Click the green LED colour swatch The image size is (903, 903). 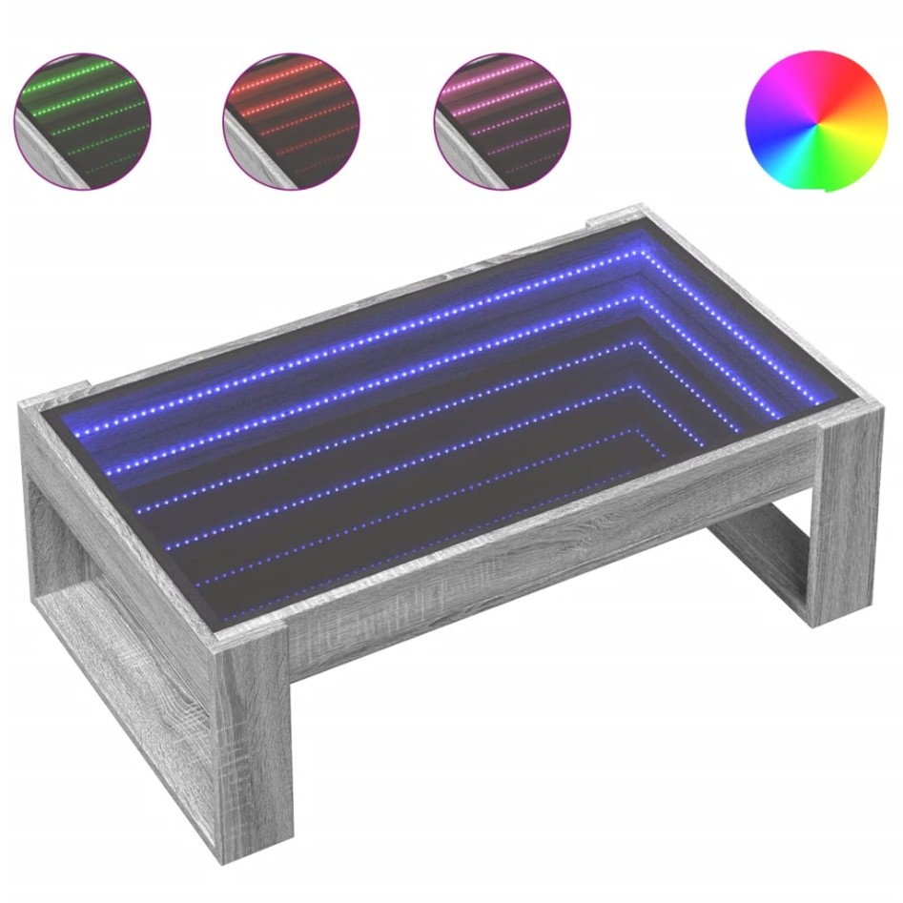point(82,120)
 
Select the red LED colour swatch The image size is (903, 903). point(291,120)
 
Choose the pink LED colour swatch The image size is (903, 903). point(501,120)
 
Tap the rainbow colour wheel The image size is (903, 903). point(816,120)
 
